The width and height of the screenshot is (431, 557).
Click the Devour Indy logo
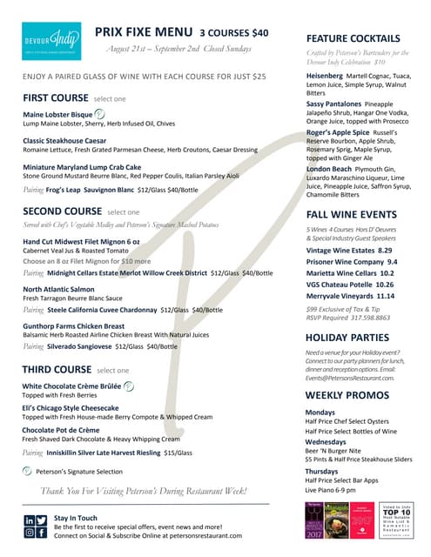pyautogui.click(x=51, y=41)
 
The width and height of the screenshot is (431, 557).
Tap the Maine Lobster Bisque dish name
pyautogui.click(x=57, y=115)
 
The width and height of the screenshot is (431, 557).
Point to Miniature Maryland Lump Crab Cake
pyautogui.click(x=82, y=166)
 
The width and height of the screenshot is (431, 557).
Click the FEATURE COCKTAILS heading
pyautogui.click(x=354, y=38)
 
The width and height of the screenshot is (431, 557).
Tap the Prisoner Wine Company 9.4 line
pyautogui.click(x=351, y=261)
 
